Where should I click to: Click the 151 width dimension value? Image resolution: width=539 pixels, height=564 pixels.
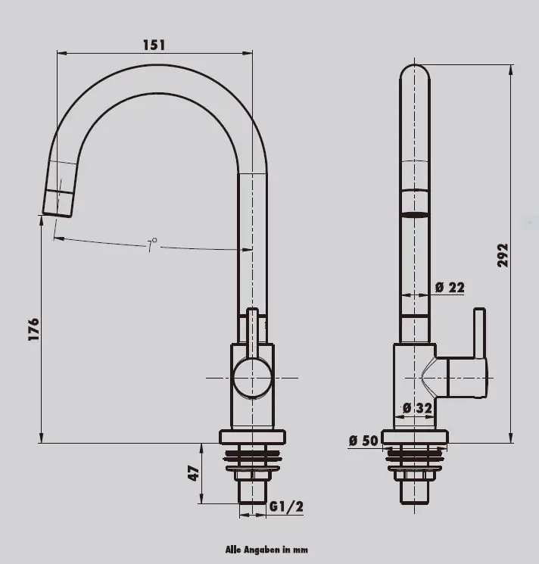point(154,45)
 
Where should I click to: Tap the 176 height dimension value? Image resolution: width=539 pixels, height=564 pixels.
point(33,329)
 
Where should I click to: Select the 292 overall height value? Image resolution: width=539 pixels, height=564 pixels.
point(503,255)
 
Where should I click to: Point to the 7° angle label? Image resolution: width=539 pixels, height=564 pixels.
point(152,245)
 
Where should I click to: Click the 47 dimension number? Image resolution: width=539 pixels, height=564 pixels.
point(193,473)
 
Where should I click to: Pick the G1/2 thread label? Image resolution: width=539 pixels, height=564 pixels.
point(286,506)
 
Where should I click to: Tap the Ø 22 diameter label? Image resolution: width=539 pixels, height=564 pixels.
point(450,287)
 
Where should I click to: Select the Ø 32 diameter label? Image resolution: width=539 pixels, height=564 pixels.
point(417,408)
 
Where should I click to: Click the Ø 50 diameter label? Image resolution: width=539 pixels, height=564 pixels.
point(363,441)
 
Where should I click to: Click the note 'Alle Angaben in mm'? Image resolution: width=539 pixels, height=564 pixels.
point(266,550)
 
